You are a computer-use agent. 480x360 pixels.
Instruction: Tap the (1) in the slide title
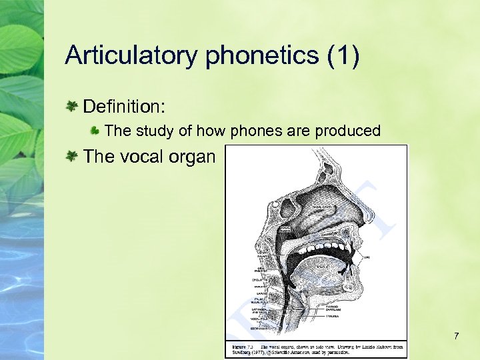pos(343,55)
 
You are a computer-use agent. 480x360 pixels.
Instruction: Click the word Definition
pos(123,106)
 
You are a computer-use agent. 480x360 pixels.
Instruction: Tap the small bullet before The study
pos(95,131)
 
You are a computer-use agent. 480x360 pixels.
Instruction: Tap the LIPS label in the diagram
pos(366,256)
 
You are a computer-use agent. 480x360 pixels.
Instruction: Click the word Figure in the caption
pos(238,347)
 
